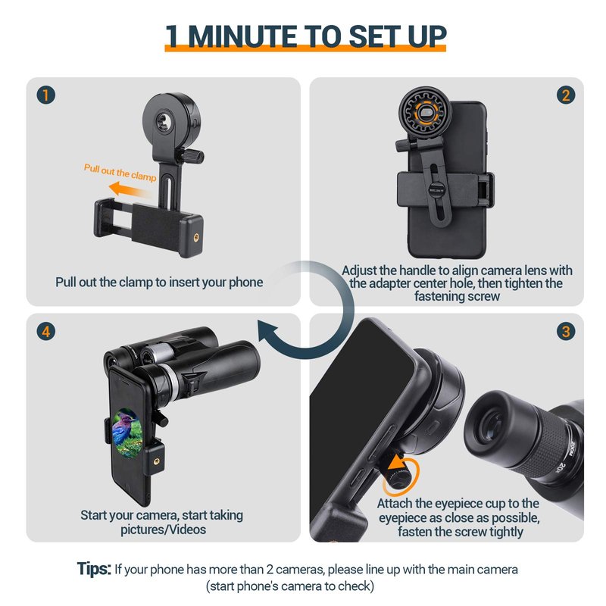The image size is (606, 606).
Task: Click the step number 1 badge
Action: coord(46,95)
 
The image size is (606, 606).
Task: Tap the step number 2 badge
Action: coord(566,95)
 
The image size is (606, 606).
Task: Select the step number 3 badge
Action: coord(566,331)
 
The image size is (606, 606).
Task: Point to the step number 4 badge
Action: coord(46,331)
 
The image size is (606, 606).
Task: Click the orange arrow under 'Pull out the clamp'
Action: coord(130,190)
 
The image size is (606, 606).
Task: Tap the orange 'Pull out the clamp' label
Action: coord(120,173)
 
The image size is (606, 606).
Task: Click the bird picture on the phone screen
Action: coord(127,433)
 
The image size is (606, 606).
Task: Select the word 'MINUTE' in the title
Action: coord(242,36)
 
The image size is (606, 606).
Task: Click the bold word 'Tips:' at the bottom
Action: coord(94,569)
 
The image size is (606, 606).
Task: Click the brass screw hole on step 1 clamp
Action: coord(196,237)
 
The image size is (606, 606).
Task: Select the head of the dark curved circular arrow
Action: coord(270,332)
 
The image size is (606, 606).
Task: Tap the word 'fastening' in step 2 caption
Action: coord(442,296)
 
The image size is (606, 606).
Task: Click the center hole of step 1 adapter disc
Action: coord(163,121)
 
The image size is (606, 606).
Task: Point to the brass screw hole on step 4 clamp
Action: coord(156,461)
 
